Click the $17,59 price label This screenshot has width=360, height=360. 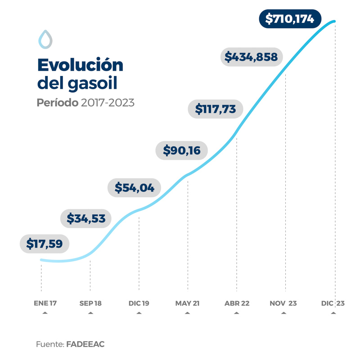45,244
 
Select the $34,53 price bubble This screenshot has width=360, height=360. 86,219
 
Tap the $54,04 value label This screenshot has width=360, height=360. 135,188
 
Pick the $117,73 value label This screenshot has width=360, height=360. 216,109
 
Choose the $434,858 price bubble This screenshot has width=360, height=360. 252,57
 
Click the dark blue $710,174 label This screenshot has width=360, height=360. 290,19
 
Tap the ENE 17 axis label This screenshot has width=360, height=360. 45,303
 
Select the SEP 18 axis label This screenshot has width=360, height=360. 90,303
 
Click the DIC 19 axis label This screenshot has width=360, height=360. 139,303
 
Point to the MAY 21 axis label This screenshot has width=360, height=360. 187,303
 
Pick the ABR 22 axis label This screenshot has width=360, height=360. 237,303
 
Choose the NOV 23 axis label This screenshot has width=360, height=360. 283,303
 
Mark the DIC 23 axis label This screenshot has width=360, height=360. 333,303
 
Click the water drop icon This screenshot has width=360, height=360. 45,39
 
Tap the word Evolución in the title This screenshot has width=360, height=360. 80,65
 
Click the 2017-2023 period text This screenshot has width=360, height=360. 108,103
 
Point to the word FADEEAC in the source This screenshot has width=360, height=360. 85,344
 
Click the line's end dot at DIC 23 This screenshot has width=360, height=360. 335,21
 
